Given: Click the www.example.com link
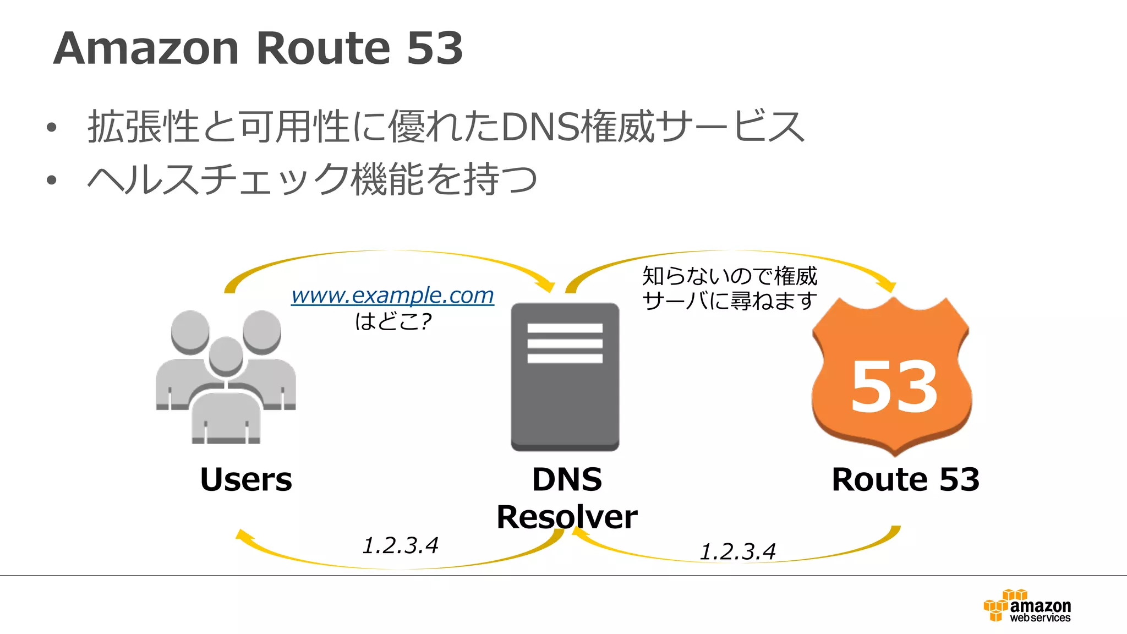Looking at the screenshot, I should (x=392, y=296).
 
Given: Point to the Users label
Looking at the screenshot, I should (x=246, y=479).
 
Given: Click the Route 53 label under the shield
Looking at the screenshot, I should (x=905, y=479).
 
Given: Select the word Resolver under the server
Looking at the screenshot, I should (x=567, y=517).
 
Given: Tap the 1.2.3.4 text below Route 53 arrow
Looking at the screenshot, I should (x=737, y=551).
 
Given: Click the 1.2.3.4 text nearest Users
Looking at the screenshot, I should (x=401, y=545).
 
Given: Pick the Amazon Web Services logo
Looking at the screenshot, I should (x=1027, y=606).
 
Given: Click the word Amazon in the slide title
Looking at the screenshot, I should (x=146, y=48).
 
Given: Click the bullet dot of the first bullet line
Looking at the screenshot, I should (x=52, y=128).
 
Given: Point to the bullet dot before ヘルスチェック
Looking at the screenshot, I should (x=52, y=180).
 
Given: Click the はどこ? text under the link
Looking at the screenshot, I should (x=393, y=321).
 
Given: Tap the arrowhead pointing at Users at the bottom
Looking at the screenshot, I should (x=243, y=535).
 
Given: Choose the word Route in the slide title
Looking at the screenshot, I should (x=323, y=48).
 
